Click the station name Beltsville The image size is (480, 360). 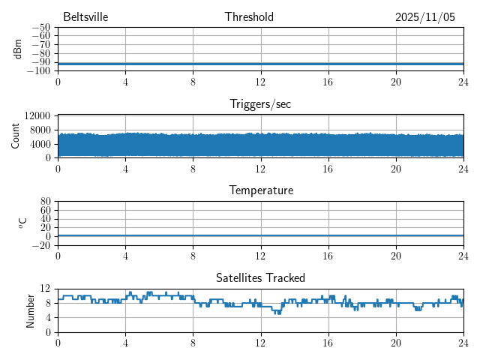[85, 17]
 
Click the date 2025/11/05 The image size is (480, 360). [424, 17]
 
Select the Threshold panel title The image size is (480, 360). [249, 17]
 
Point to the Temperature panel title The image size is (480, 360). [260, 190]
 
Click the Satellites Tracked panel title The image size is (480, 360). [260, 277]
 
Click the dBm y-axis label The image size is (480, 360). [18, 49]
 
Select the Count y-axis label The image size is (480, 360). [16, 136]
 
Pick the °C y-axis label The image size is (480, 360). [22, 223]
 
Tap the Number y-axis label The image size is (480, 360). [31, 310]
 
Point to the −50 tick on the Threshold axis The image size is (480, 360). [40, 28]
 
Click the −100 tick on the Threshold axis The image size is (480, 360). [38, 70]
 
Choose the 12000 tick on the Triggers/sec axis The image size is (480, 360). [37, 115]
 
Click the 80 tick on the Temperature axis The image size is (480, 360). [46, 202]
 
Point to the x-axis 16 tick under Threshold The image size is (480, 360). [328, 81]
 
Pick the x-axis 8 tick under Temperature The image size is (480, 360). [193, 255]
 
